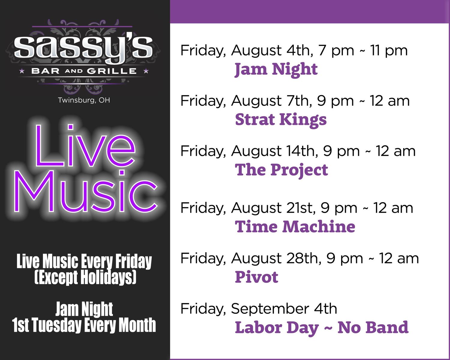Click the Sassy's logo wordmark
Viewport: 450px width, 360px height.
(x=83, y=49)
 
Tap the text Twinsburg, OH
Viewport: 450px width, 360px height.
(x=84, y=100)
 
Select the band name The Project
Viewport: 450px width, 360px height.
(x=281, y=170)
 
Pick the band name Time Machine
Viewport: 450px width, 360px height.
(x=295, y=226)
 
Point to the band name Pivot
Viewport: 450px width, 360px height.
(x=256, y=277)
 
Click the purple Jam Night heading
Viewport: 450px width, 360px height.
(x=276, y=70)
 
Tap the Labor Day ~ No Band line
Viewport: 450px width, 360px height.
(x=322, y=328)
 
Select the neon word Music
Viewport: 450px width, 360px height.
(x=86, y=191)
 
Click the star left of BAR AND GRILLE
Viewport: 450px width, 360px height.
(x=22, y=71)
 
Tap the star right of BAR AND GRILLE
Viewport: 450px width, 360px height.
(x=146, y=71)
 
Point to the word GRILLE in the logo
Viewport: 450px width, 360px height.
(x=112, y=71)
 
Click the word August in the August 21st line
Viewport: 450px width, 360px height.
(x=256, y=208)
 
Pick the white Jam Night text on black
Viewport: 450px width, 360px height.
(x=84, y=309)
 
